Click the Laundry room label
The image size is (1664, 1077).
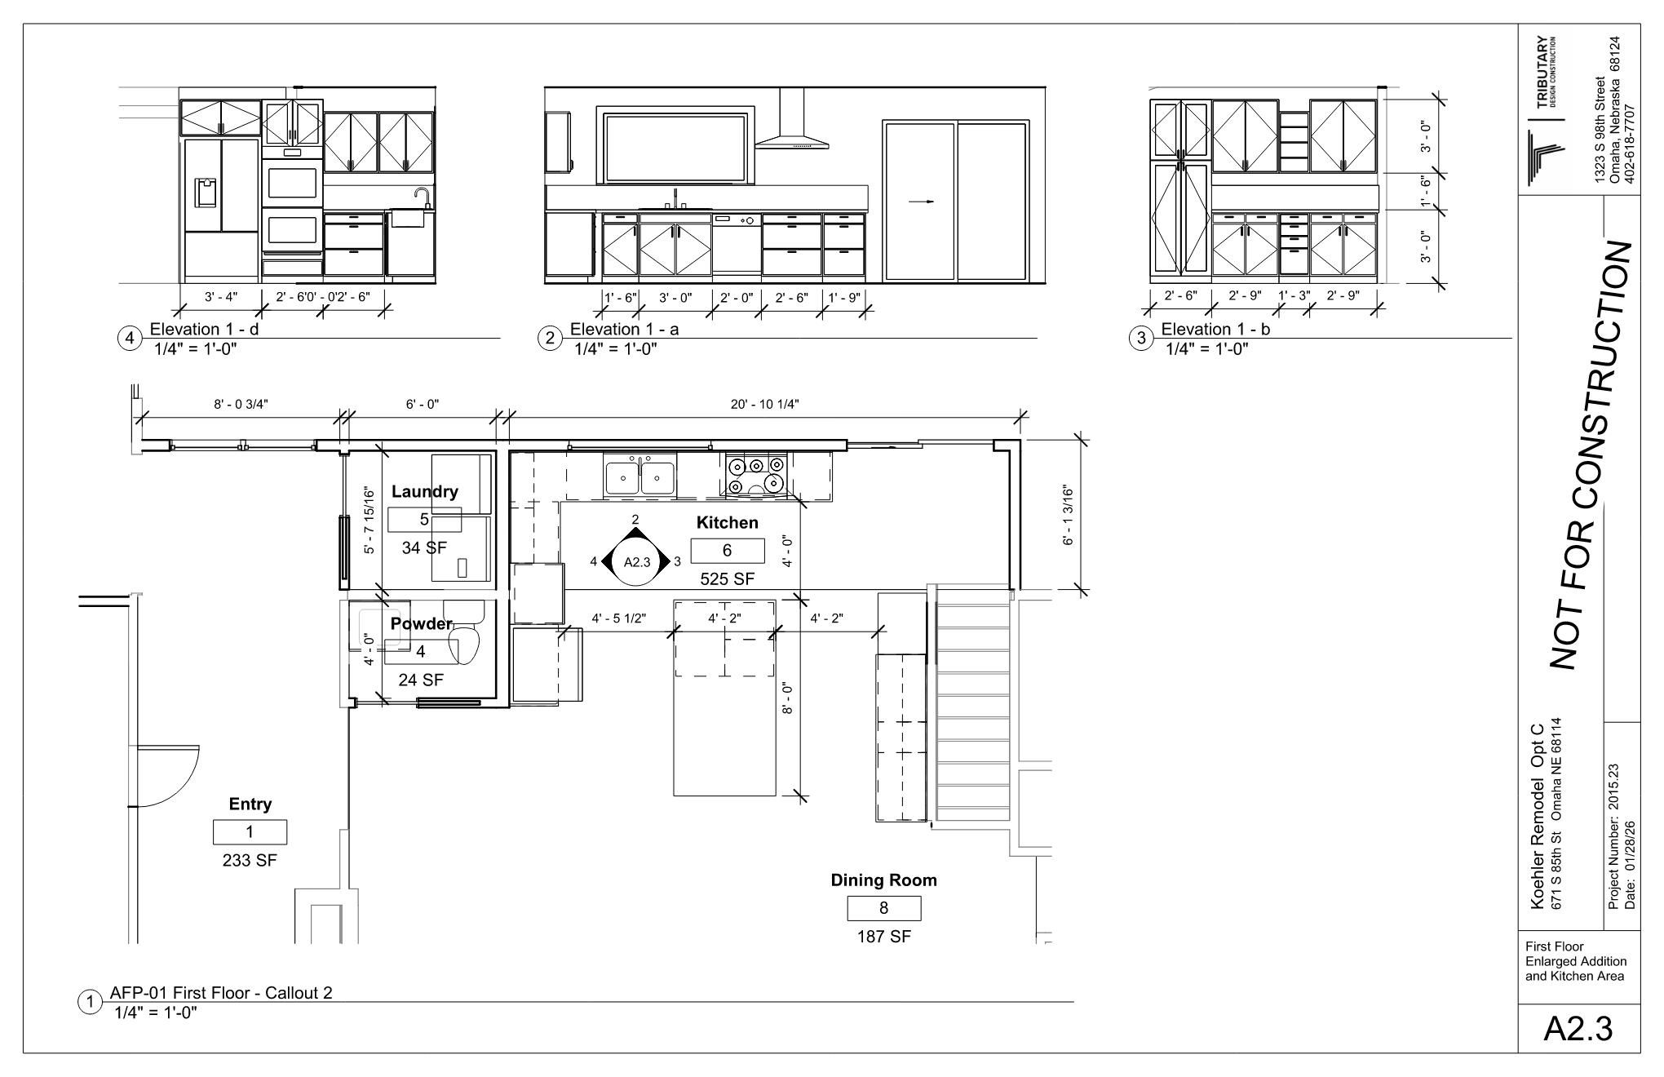pos(424,491)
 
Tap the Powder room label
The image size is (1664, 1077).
pos(421,623)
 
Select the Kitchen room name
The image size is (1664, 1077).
pos(727,522)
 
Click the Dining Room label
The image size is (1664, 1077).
pos(883,880)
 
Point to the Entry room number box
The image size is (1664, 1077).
pos(250,832)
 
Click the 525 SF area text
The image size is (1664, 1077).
pos(727,579)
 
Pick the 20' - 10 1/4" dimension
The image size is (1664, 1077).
pos(764,404)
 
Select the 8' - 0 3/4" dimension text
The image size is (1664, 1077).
pos(241,404)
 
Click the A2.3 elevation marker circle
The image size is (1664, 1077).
pos(636,561)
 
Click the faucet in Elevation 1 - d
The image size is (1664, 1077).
pos(423,198)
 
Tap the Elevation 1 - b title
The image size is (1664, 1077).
pos(1215,329)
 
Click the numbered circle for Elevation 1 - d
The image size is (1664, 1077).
pos(131,338)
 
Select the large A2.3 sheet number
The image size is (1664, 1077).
pos(1578,1029)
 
